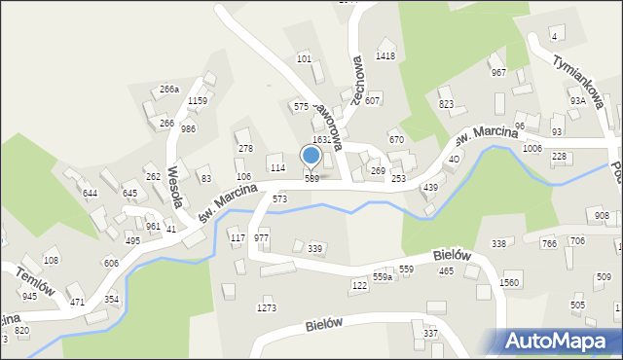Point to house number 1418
pyautogui.click(x=385, y=56)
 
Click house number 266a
pyautogui.click(x=169, y=90)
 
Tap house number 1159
pyautogui.click(x=198, y=101)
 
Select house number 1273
pyautogui.click(x=267, y=308)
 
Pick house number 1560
pyautogui.click(x=509, y=282)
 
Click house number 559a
pyautogui.click(x=383, y=278)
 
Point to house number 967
pyautogui.click(x=498, y=73)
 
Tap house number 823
pyautogui.click(x=447, y=104)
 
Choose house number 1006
pyautogui.click(x=531, y=148)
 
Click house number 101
pyautogui.click(x=304, y=59)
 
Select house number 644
pyautogui.click(x=90, y=194)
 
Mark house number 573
pyautogui.click(x=280, y=198)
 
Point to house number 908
pyautogui.click(x=602, y=216)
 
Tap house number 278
pyautogui.click(x=245, y=149)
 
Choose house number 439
pyautogui.click(x=430, y=188)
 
